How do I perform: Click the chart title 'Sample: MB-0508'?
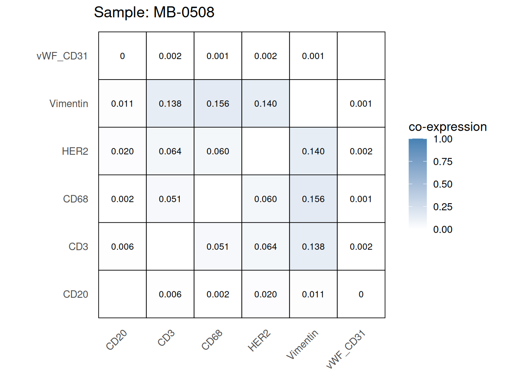[154, 13]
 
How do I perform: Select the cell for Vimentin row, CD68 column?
[218, 104]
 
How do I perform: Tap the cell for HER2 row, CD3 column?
[170, 151]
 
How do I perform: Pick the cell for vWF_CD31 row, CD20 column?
[122, 56]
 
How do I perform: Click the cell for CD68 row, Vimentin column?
[313, 199]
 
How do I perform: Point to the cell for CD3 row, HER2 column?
[265, 246]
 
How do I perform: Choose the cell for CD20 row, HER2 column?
[265, 294]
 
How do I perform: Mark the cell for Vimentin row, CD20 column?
[122, 104]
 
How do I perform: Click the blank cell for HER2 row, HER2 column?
[265, 151]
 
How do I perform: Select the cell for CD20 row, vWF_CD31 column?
[361, 294]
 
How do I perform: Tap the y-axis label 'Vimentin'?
[69, 104]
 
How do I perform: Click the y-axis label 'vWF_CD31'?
[62, 56]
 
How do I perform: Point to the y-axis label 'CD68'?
[75, 199]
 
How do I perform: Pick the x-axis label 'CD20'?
[116, 340]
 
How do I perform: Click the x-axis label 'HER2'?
[259, 341]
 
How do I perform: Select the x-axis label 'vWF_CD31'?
[346, 349]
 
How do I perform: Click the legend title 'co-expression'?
[448, 127]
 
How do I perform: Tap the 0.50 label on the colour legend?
[442, 184]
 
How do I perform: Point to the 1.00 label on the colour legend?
[442, 139]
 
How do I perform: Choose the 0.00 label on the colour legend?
[442, 230]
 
